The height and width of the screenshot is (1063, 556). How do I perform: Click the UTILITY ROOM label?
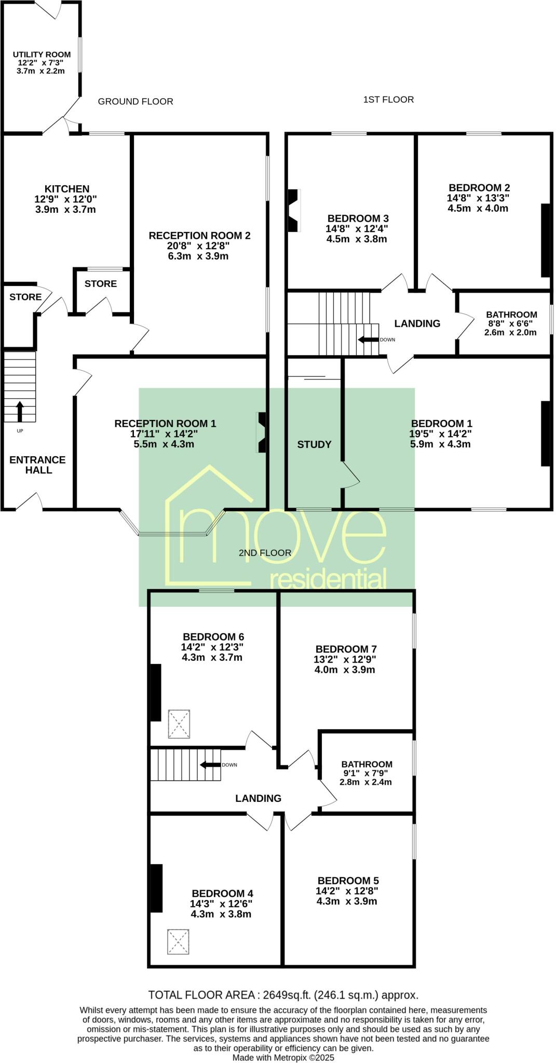[x=42, y=54]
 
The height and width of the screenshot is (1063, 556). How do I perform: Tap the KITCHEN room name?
[x=67, y=189]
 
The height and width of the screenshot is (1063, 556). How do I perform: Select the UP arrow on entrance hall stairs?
[x=20, y=411]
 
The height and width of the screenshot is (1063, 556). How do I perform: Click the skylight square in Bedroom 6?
[x=179, y=724]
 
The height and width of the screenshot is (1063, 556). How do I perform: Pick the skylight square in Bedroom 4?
[x=178, y=942]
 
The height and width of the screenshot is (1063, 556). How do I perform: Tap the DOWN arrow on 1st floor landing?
[x=369, y=340]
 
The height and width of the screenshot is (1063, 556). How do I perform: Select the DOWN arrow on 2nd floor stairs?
[x=210, y=765]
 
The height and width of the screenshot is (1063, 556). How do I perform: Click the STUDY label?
[x=314, y=444]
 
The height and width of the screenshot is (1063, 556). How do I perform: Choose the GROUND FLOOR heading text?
[x=135, y=102]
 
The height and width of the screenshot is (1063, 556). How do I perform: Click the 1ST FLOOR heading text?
[x=388, y=100]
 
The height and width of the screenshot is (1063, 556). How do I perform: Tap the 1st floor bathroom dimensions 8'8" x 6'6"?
[x=510, y=323]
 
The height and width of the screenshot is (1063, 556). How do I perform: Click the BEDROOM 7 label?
[x=346, y=649]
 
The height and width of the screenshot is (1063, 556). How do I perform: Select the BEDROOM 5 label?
[x=348, y=880]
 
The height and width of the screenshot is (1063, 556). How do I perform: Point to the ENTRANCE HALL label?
[x=37, y=465]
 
